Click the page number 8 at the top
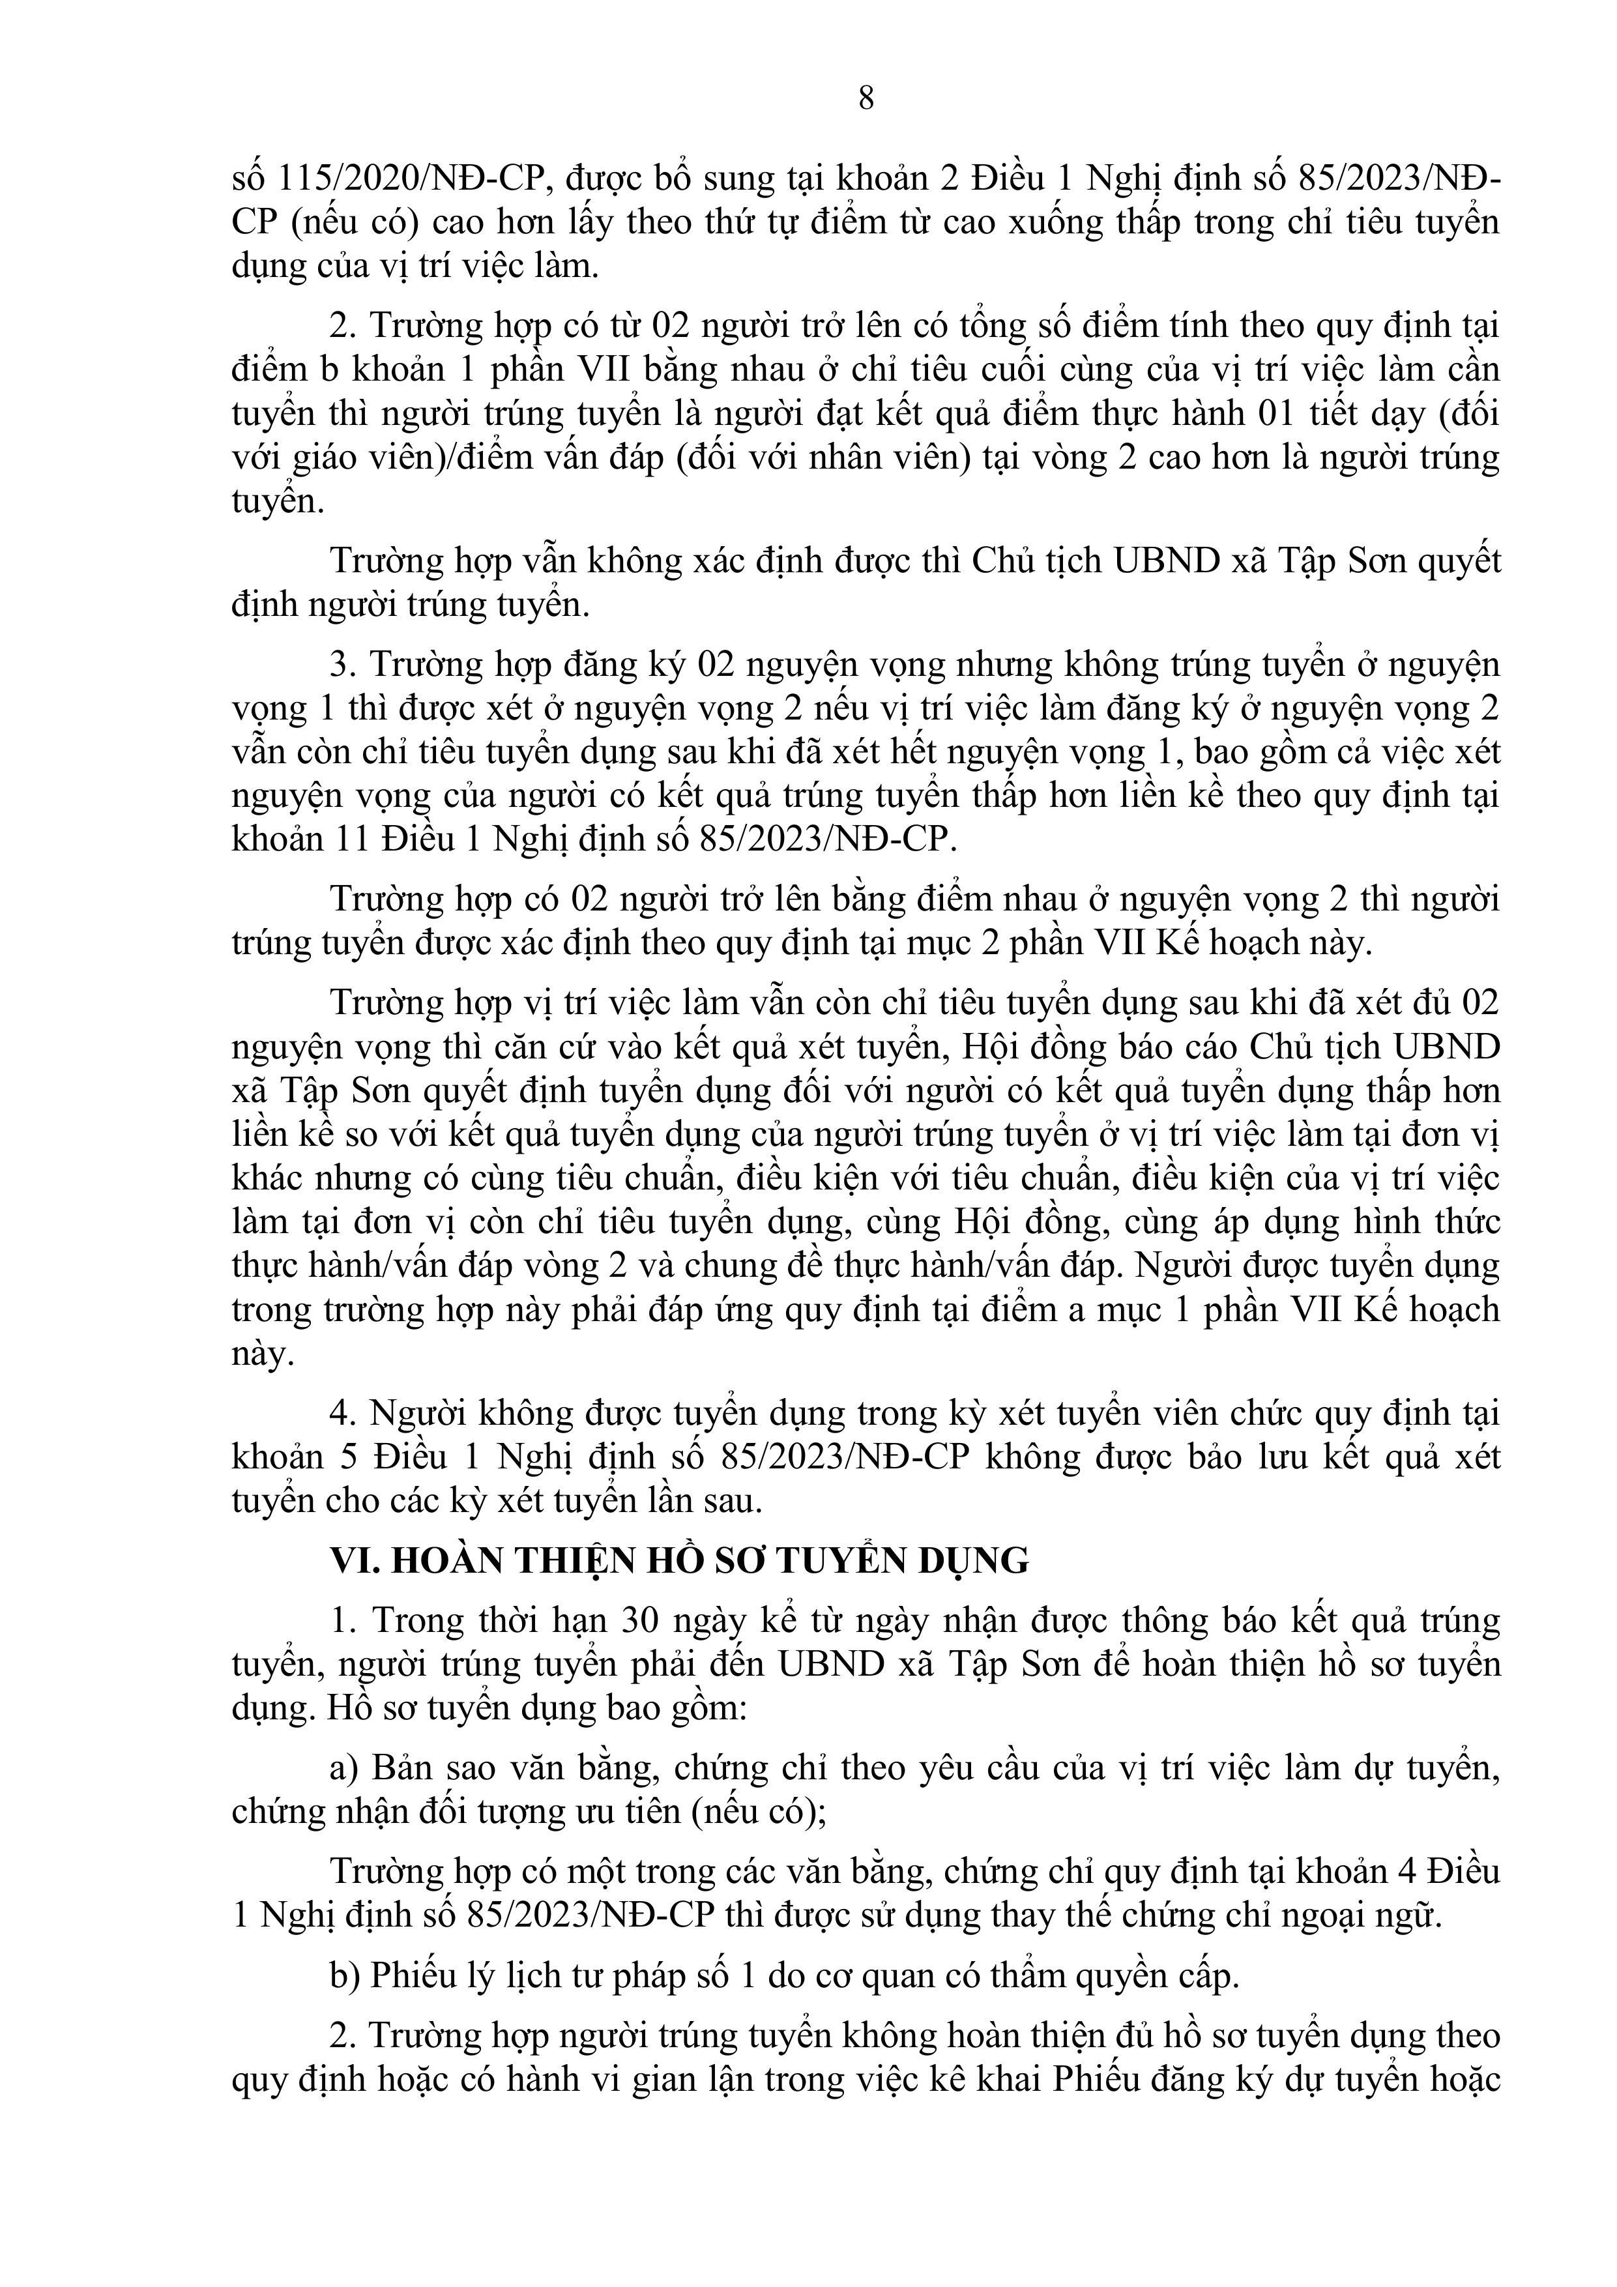pyautogui.click(x=866, y=98)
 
